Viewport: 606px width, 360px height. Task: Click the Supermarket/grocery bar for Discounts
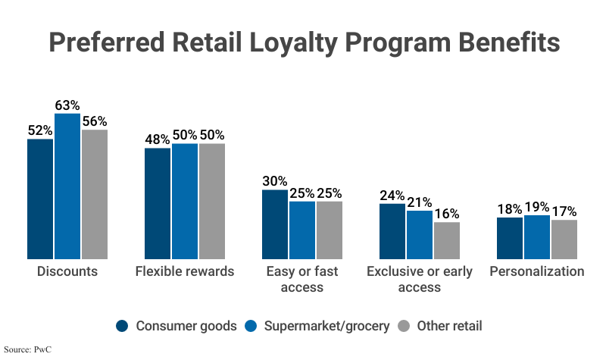coord(67,186)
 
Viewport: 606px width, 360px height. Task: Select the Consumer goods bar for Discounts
coord(40,199)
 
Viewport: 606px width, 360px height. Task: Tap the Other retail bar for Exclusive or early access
coord(447,240)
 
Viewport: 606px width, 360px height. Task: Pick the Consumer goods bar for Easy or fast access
coord(275,224)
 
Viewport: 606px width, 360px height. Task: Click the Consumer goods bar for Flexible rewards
coord(158,203)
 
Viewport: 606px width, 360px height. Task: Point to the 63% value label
coord(67,105)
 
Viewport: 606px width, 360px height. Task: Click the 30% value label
coord(275,181)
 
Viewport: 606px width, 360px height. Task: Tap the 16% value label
coord(447,213)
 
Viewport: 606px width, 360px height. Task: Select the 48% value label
coord(158,139)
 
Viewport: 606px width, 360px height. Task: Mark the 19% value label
coord(537,207)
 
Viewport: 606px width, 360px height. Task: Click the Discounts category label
coord(67,271)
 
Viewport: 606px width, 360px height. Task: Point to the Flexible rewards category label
coord(185,271)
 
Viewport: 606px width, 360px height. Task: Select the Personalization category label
coord(537,271)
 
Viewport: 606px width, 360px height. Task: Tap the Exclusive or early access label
coord(419,279)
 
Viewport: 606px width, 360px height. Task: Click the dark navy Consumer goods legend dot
coord(122,326)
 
